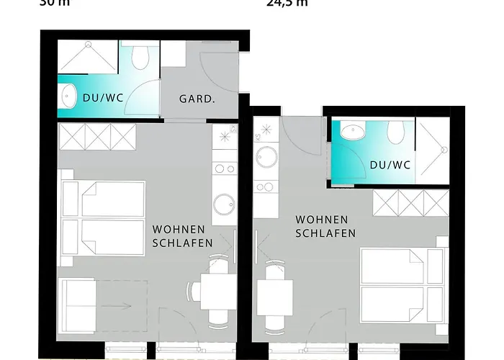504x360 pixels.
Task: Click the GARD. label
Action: click(197, 99)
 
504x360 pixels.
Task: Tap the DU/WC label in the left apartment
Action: click(102, 99)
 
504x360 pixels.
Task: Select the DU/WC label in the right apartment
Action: click(390, 165)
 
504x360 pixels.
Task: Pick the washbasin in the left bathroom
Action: click(69, 95)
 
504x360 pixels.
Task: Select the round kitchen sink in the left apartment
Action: click(223, 203)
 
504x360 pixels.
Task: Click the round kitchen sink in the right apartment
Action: click(266, 156)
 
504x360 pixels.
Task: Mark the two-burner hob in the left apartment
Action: click(223, 169)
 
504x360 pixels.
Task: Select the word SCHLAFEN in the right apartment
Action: click(325, 233)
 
